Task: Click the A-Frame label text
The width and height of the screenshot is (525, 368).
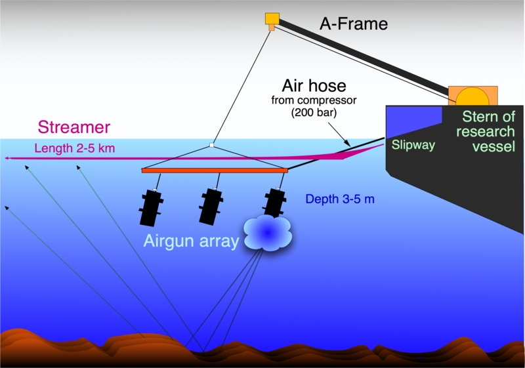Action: [354, 25]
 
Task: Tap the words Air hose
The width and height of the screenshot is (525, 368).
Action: [314, 85]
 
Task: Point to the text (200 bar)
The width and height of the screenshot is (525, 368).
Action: [314, 112]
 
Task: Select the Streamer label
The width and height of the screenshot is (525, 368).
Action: [73, 127]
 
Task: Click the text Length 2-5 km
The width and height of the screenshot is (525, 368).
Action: [74, 148]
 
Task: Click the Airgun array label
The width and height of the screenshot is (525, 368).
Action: [191, 241]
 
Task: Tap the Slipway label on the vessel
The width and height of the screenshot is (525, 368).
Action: [413, 145]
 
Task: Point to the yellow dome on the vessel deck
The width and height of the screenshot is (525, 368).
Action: [472, 96]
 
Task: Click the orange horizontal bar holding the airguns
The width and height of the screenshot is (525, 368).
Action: [215, 171]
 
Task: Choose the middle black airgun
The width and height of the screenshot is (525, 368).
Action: [212, 205]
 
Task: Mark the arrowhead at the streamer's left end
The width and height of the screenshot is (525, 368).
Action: [6, 159]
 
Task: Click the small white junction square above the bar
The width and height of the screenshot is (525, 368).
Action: [211, 144]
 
